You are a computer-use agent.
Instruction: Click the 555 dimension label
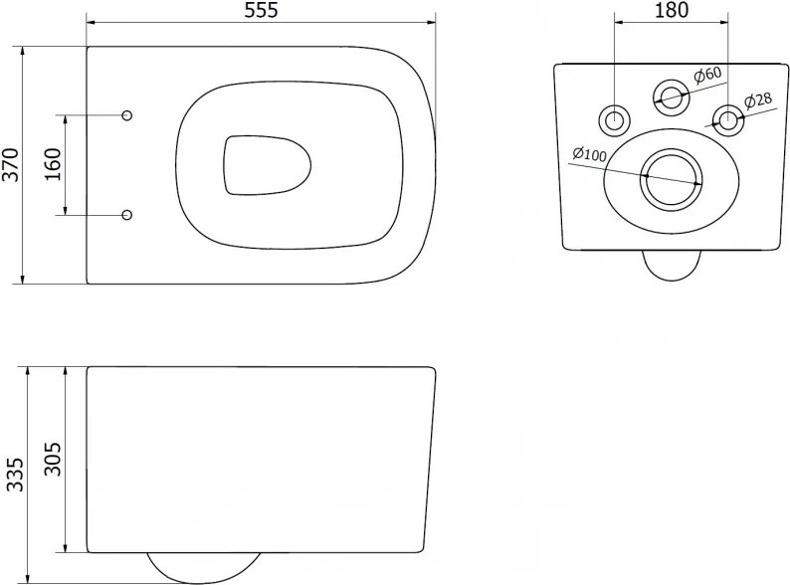click(261, 10)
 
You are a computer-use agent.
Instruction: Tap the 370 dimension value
click(10, 165)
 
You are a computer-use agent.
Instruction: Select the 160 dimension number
click(53, 164)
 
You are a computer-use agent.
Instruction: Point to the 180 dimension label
click(672, 10)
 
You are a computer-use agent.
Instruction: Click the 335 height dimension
click(15, 475)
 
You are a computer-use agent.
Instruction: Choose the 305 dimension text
click(53, 459)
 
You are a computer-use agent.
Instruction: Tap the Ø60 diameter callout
click(707, 76)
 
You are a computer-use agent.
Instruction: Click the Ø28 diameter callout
click(758, 99)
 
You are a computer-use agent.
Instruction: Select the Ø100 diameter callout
click(590, 154)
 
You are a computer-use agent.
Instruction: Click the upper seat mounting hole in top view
click(127, 115)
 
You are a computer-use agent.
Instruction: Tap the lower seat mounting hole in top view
click(127, 215)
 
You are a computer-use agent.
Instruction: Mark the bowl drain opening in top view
click(267, 165)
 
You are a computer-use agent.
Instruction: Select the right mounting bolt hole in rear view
click(727, 120)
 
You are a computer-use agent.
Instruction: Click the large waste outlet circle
click(671, 180)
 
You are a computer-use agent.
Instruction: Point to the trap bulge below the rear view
click(672, 265)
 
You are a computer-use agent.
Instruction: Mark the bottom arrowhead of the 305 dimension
click(66, 547)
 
